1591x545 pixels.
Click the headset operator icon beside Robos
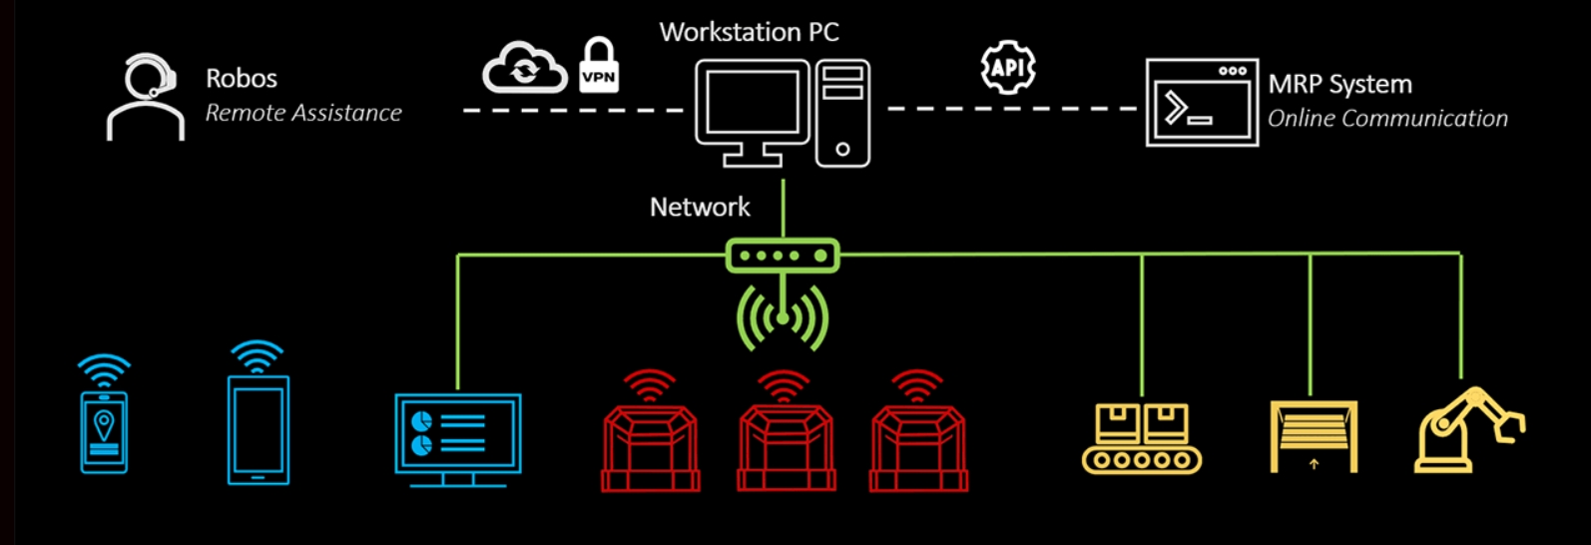tap(146, 97)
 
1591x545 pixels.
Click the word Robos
tap(241, 79)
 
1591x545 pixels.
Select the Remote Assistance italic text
tap(303, 114)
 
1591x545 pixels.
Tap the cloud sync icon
tap(524, 69)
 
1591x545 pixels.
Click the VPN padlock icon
tap(599, 67)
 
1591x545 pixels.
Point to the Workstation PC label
tap(749, 32)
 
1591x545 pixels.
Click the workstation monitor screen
tap(753, 103)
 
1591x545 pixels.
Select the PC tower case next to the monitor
tap(842, 113)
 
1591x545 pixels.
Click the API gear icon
tap(1008, 68)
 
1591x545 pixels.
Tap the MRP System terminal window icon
tap(1201, 103)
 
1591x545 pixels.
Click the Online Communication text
tap(1387, 119)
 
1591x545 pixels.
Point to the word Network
tap(700, 208)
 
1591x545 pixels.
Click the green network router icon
tap(783, 256)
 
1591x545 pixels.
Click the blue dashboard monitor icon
tap(458, 436)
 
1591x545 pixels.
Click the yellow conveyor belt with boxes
tap(1142, 438)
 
